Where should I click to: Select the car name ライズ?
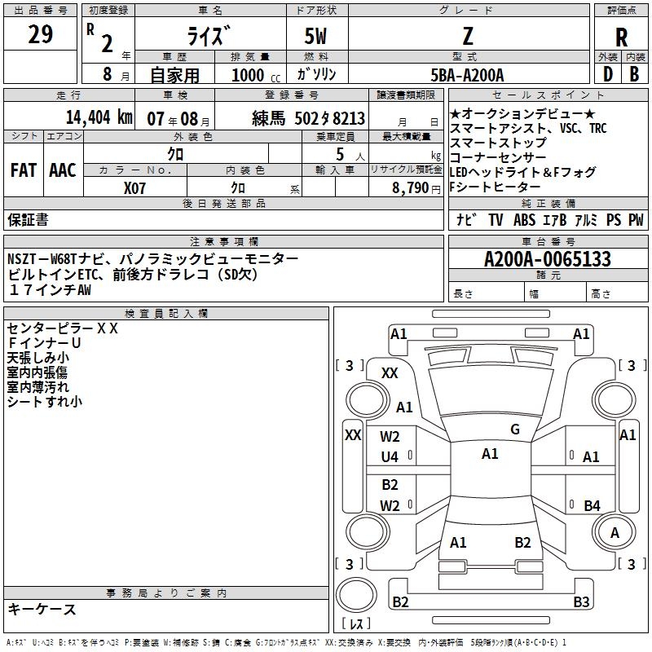[x=210, y=37]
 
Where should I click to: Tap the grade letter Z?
[x=467, y=35]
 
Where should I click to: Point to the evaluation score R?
[x=621, y=37]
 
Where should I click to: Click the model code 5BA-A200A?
[x=467, y=75]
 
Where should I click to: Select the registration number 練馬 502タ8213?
[x=309, y=119]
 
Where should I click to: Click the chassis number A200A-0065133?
[x=547, y=260]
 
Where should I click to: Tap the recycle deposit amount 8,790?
[x=416, y=188]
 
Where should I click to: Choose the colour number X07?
[x=136, y=188]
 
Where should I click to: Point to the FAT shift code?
[x=24, y=170]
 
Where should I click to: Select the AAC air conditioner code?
[x=63, y=170]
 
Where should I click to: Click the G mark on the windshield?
[x=514, y=430]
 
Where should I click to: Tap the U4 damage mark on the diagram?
[x=390, y=457]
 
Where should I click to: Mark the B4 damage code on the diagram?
[x=592, y=505]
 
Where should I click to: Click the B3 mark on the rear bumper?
[x=581, y=602]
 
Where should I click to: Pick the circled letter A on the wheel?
[x=615, y=532]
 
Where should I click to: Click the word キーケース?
[x=42, y=610]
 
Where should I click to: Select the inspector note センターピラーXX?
[x=63, y=328]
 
